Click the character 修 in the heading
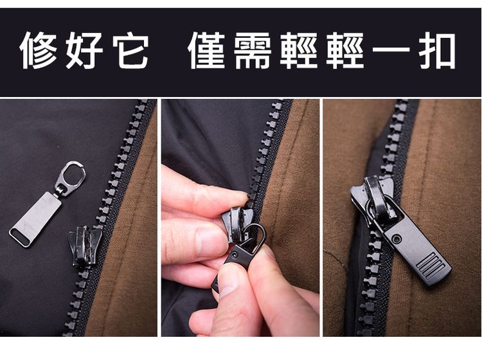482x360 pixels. (40, 50)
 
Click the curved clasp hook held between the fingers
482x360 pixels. (256, 236)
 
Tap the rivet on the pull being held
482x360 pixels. (238, 256)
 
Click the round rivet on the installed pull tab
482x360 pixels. (397, 239)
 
